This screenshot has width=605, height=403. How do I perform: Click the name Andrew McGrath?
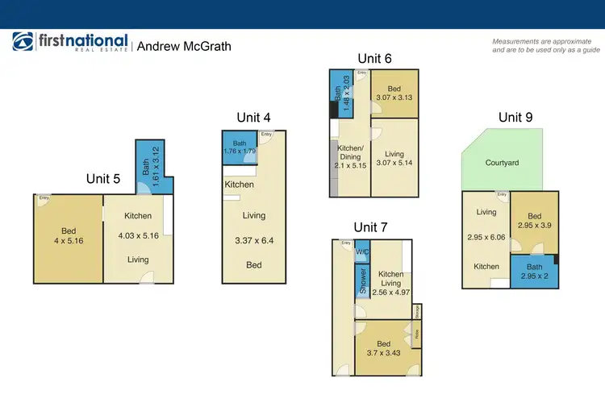[x=184, y=46]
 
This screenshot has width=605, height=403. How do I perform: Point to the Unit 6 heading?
[x=375, y=58]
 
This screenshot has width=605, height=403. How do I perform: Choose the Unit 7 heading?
[x=371, y=226]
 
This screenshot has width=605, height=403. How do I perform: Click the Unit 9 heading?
[x=515, y=117]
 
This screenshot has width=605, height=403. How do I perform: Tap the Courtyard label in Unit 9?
[x=502, y=163]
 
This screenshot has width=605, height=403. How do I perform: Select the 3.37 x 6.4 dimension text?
[x=254, y=240]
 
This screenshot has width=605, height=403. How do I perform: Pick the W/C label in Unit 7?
[x=361, y=251]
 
